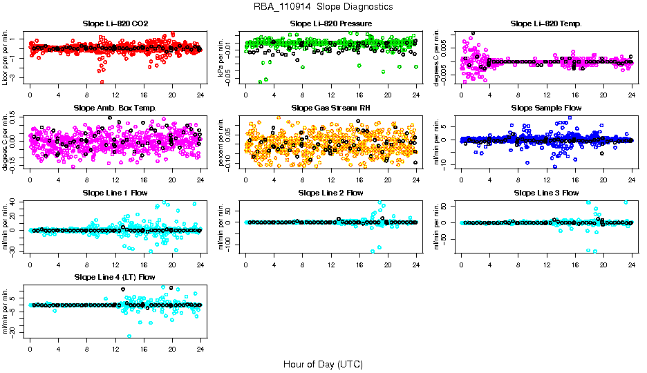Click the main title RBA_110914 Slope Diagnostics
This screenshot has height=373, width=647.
(323, 6)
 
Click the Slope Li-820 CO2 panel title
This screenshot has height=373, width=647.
(115, 23)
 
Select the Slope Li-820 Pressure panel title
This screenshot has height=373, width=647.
(330, 23)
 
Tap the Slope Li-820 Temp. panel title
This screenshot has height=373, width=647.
(546, 23)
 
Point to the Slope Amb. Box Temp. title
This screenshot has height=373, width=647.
(115, 108)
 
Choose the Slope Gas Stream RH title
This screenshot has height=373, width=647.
(330, 108)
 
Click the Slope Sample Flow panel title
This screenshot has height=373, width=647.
(546, 108)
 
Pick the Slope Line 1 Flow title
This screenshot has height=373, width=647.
(115, 193)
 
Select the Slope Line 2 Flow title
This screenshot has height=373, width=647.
(330, 193)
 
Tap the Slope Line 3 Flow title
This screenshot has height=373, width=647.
(546, 193)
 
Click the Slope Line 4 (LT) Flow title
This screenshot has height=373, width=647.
(115, 278)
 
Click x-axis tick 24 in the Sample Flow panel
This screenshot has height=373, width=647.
(632, 178)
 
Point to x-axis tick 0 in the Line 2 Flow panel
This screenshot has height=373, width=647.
(245, 262)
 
